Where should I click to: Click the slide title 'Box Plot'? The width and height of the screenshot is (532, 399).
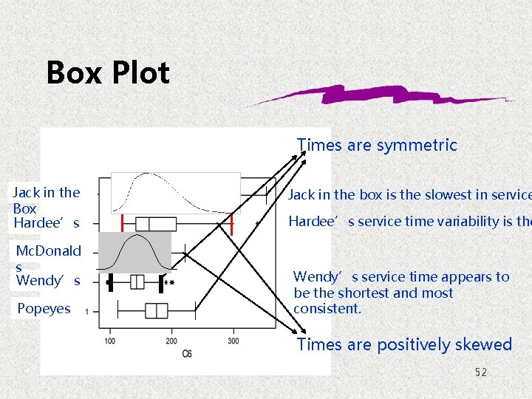[x=108, y=72]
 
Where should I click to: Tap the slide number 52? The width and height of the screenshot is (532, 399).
[x=481, y=372]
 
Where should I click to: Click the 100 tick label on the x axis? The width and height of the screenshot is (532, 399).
[x=109, y=341]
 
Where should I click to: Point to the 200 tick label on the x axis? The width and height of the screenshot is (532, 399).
[x=171, y=341]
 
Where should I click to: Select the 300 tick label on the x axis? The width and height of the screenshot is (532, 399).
[x=233, y=341]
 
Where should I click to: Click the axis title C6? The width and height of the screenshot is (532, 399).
[x=187, y=354]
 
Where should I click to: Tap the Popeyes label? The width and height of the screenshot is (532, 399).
[x=44, y=309]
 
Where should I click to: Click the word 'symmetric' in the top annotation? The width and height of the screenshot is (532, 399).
[x=417, y=146]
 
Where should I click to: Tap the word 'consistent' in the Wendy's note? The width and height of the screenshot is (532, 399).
[x=327, y=308]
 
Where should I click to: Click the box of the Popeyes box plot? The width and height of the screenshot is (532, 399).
[x=156, y=310]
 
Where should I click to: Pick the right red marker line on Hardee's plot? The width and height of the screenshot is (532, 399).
[x=232, y=224]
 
